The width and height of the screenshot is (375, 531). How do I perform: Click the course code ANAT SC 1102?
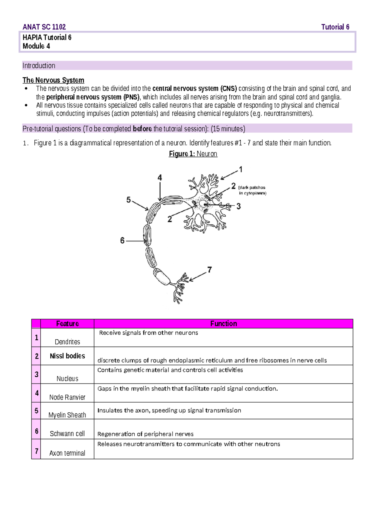(x=44, y=27)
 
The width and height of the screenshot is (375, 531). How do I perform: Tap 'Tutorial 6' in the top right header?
(x=335, y=27)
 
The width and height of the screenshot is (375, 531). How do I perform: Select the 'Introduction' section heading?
(x=39, y=66)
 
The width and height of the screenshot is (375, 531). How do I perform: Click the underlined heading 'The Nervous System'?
(x=53, y=80)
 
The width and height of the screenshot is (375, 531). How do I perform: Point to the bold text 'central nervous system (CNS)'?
(x=194, y=89)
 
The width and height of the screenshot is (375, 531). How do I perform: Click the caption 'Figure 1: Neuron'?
(x=193, y=154)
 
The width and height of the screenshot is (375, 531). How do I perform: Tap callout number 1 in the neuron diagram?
(x=241, y=169)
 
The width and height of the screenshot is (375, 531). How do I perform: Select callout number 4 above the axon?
(x=160, y=178)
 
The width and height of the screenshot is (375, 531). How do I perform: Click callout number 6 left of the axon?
(x=122, y=240)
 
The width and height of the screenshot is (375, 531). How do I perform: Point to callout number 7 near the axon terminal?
(x=209, y=270)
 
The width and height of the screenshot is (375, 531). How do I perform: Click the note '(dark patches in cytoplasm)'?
(x=252, y=190)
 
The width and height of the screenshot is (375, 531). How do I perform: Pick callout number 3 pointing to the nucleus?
(x=238, y=206)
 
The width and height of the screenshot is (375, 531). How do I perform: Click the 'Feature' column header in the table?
(x=67, y=324)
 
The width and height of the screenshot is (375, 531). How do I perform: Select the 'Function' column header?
(x=223, y=324)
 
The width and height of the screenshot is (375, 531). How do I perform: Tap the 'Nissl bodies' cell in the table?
(x=67, y=356)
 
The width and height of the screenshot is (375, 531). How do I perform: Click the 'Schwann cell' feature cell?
(x=67, y=434)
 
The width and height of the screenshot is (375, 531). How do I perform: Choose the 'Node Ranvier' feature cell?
(x=67, y=397)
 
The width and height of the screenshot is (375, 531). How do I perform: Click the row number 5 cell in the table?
(x=36, y=411)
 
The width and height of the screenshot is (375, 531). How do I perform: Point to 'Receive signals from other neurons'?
(x=148, y=333)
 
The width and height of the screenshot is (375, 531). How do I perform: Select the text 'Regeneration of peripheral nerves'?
(x=145, y=434)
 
